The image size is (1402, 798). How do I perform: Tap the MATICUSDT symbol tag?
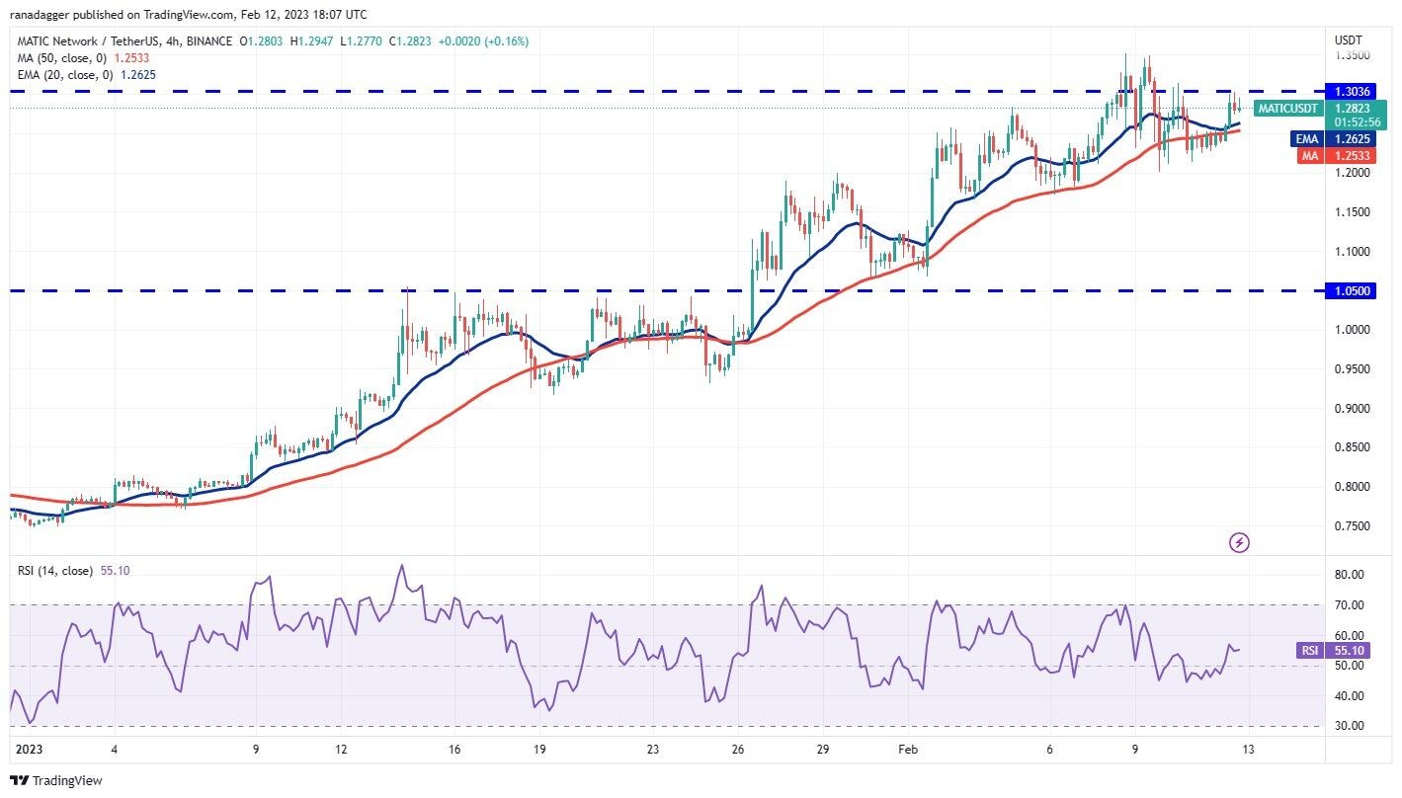point(1285,108)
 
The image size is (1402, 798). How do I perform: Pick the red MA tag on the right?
point(1310,155)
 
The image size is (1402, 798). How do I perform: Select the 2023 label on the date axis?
point(29,750)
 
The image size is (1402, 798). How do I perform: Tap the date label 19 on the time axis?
point(539,750)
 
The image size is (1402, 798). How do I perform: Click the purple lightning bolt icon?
point(1239,542)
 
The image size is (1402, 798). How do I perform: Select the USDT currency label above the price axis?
point(1349,40)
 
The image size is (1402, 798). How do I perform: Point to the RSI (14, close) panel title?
point(54,571)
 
